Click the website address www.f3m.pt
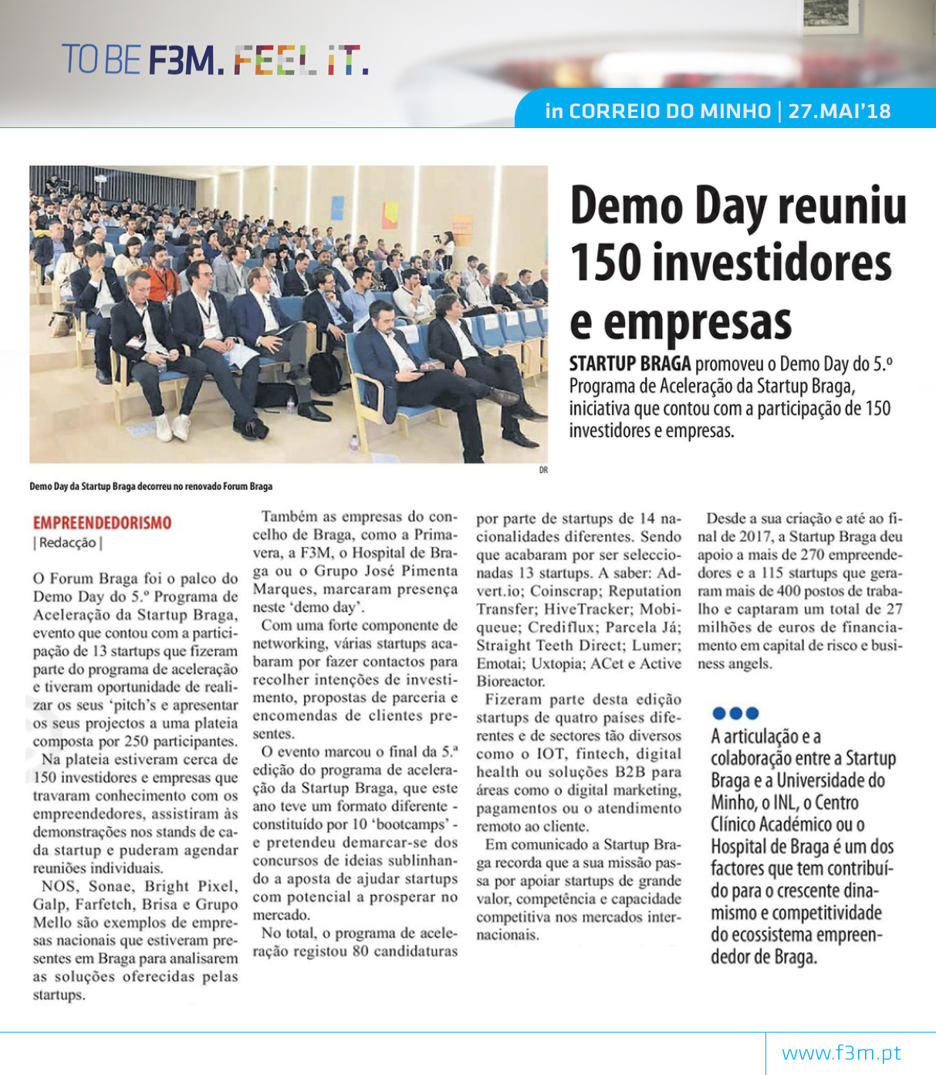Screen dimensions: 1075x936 coord(841,1053)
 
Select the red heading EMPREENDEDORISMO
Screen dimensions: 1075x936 coord(102,522)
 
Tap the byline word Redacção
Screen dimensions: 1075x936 coord(68,543)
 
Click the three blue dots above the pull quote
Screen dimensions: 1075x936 coord(735,713)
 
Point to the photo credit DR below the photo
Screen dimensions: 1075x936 coord(543,470)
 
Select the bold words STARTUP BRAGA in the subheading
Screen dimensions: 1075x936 coord(630,363)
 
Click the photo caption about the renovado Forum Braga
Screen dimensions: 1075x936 coord(150,486)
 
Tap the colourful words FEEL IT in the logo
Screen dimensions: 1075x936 coord(296,60)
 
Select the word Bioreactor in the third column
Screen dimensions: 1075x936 coord(510,681)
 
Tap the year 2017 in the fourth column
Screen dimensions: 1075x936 coord(755,536)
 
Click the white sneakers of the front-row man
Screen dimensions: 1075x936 coord(172,427)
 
